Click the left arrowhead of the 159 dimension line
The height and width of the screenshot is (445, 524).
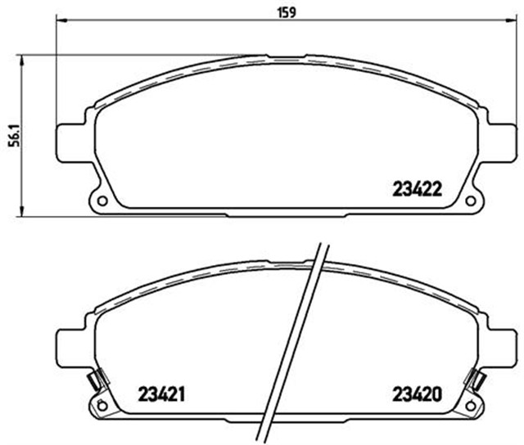click(x=58, y=24)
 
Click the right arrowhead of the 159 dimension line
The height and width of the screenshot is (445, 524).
click(x=513, y=24)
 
